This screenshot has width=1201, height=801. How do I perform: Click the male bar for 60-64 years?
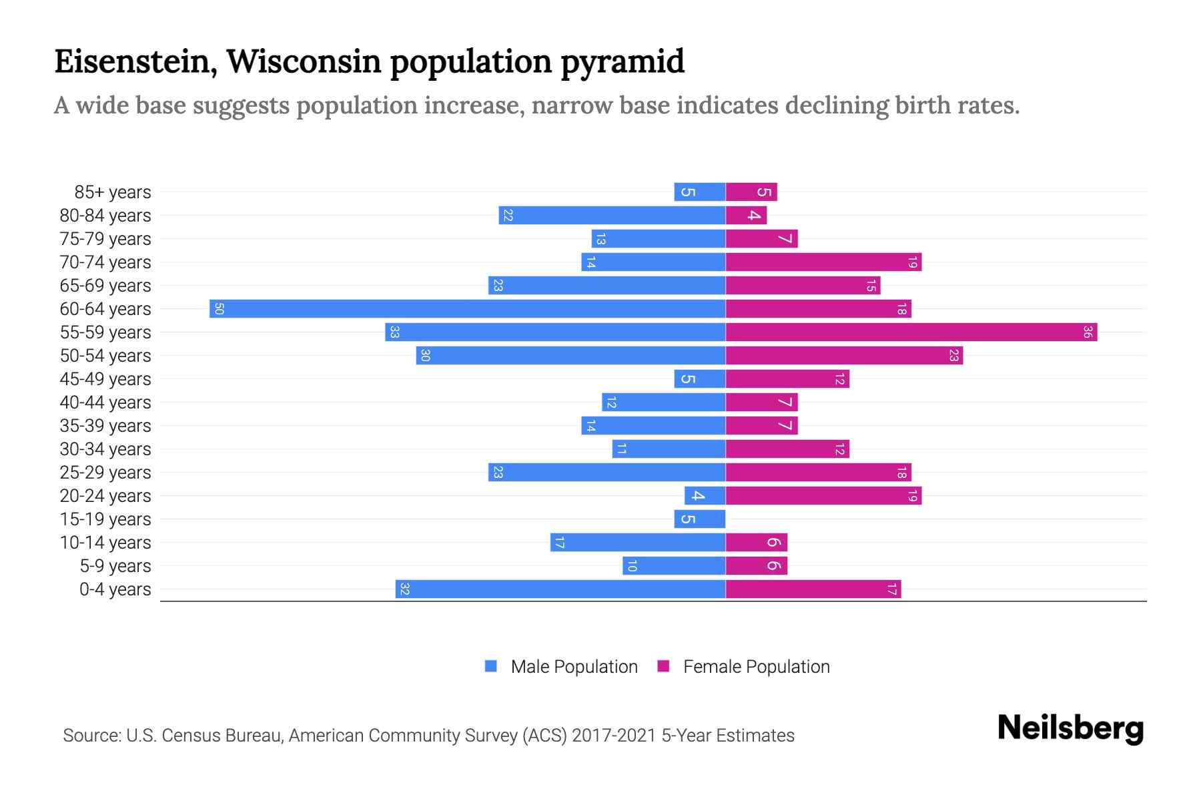click(x=467, y=309)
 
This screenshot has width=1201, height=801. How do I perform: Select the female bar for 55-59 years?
click(x=911, y=332)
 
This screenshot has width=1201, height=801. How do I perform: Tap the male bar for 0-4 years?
click(x=560, y=589)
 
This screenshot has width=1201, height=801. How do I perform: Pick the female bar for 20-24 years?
click(x=823, y=496)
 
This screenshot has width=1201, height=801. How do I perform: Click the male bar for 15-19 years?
click(x=699, y=519)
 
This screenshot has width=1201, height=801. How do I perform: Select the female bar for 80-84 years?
click(x=746, y=216)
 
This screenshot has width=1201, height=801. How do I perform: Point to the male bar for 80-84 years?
click(x=612, y=216)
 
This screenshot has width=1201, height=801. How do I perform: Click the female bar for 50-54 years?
click(x=844, y=356)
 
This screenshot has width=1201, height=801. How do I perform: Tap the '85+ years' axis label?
click(x=113, y=192)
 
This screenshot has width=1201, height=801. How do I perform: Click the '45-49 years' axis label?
click(x=105, y=379)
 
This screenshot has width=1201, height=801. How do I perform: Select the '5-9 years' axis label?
click(x=115, y=566)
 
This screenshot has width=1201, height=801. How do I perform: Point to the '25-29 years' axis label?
click(x=105, y=473)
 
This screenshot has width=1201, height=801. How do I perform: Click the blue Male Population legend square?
click(x=491, y=666)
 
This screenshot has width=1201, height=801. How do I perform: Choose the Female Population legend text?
click(x=756, y=667)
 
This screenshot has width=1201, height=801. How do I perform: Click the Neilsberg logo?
click(x=1070, y=728)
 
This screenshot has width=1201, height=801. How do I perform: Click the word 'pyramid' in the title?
click(x=622, y=63)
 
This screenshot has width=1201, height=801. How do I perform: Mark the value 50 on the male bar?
click(x=219, y=309)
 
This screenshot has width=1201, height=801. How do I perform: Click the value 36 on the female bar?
click(x=1087, y=332)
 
